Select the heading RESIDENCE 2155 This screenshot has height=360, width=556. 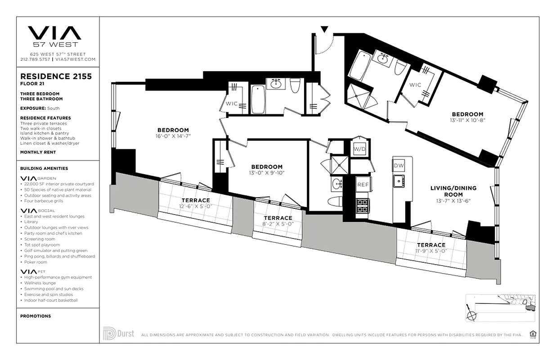pyautogui.click(x=56, y=76)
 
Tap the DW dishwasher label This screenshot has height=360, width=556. pyautogui.click(x=399, y=166)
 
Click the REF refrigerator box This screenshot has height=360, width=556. pyautogui.click(x=363, y=184)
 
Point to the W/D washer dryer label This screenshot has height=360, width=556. pyautogui.click(x=359, y=149)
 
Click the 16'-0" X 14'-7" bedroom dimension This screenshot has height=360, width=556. pyautogui.click(x=173, y=136)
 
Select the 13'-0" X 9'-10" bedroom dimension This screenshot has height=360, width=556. pyautogui.click(x=267, y=172)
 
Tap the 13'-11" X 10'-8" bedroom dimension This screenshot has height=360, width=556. pyautogui.click(x=467, y=120)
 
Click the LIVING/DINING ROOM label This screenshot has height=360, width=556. pyautogui.click(x=453, y=191)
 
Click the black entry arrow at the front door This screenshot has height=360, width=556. pyautogui.click(x=324, y=30)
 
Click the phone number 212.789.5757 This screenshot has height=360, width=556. pyautogui.click(x=36, y=59)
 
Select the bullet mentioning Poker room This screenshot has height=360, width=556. pyautogui.click(x=36, y=262)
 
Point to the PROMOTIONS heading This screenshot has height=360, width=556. pyautogui.click(x=36, y=316)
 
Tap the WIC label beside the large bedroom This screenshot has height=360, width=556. pyautogui.click(x=232, y=103)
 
